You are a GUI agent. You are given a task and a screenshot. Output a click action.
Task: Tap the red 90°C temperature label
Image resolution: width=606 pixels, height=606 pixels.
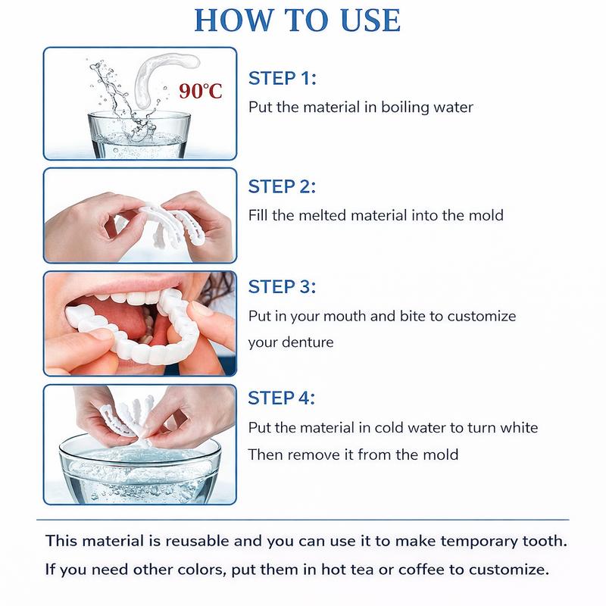click(x=201, y=92)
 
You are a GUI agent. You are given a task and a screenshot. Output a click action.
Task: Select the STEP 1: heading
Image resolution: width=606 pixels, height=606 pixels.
click(x=282, y=78)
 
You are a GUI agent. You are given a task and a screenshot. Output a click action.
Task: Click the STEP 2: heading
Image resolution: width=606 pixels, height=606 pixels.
click(x=283, y=186)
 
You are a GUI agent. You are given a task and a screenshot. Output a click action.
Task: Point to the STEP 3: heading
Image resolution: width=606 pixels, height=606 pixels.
click(x=283, y=287)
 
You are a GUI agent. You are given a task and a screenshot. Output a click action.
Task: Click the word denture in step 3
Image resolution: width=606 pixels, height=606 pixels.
click(x=307, y=342)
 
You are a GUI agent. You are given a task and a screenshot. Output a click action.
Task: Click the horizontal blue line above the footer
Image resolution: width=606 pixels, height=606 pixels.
click(x=303, y=520)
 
